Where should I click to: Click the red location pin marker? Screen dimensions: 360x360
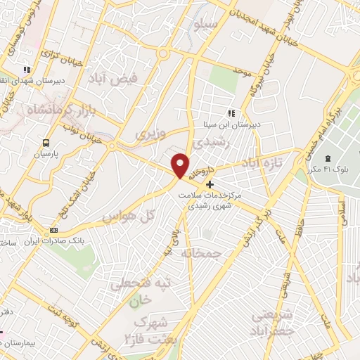pyautogui.click(x=181, y=166)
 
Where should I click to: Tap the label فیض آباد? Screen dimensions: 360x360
pyautogui.click(x=118, y=82)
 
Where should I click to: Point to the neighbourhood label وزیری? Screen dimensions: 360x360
pyautogui.click(x=149, y=133)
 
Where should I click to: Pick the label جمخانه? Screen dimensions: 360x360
pyautogui.click(x=200, y=252)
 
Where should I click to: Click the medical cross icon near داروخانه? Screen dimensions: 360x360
pyautogui.click(x=210, y=184)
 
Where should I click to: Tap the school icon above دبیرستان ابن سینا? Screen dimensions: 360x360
pyautogui.click(x=231, y=112)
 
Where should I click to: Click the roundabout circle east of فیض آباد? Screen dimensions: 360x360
pyautogui.click(x=164, y=53)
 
